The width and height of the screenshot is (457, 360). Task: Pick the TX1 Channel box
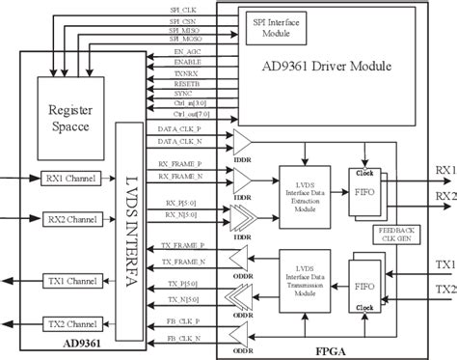67,281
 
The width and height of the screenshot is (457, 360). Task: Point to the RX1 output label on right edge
444,171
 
